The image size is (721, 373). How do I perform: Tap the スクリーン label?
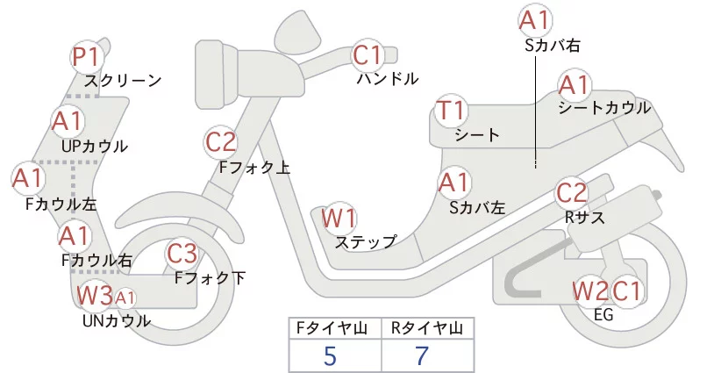tap(123, 81)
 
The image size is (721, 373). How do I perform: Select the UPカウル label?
tap(95, 146)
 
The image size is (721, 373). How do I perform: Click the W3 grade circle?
tap(94, 295)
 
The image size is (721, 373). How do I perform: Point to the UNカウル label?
tap(116, 320)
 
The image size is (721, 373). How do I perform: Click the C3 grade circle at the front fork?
tap(182, 255)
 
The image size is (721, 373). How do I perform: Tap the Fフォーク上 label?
tap(254, 166)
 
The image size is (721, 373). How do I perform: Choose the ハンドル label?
tap(387, 79)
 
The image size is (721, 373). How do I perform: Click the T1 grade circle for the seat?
tap(452, 112)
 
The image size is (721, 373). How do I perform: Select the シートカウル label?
tap(604, 108)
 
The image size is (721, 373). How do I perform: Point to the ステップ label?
tap(366, 241)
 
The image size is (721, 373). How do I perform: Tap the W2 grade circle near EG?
tap(590, 290)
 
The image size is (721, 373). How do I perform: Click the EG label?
tap(603, 314)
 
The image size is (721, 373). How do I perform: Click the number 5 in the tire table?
tap(329, 355)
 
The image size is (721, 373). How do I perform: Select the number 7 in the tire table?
tap(423, 355)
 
